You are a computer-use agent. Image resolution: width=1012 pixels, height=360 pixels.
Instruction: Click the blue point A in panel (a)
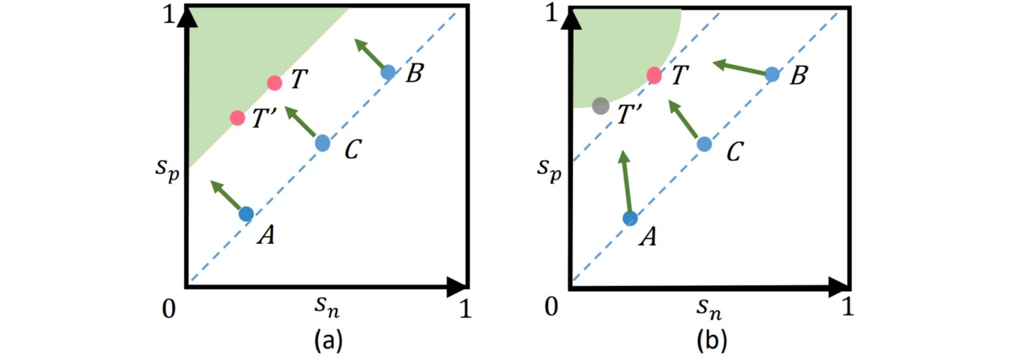point(246,213)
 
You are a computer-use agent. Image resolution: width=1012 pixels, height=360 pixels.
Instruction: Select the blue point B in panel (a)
point(388,72)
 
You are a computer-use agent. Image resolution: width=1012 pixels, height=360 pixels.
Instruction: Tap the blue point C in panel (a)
point(322,143)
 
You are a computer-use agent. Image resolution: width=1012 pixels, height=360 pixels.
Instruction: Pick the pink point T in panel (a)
point(274,83)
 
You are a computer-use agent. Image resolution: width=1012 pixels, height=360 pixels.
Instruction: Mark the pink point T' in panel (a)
point(237,118)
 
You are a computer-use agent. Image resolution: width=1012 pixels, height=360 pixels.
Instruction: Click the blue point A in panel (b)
point(630,219)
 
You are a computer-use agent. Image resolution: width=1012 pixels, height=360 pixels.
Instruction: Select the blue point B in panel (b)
point(772,75)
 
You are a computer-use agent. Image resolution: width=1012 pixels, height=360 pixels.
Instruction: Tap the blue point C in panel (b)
point(704,144)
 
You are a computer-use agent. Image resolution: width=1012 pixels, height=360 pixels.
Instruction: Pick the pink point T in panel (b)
point(654,76)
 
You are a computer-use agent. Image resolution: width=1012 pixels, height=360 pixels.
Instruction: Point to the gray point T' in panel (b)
point(601,106)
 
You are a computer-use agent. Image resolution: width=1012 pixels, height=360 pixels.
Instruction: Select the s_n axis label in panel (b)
point(710,309)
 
